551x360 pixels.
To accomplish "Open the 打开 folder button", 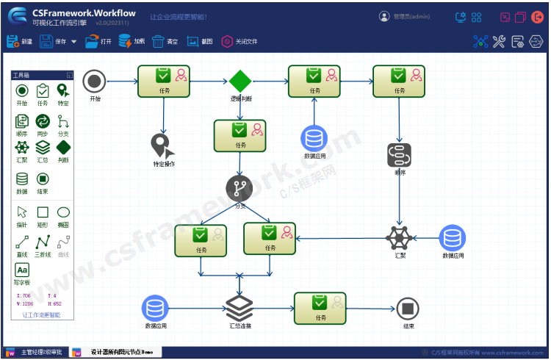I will click(98, 41).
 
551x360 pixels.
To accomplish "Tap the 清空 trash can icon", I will click(165, 41).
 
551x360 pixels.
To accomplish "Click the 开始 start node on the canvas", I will click(94, 82).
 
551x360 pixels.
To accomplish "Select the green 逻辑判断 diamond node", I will click(240, 81).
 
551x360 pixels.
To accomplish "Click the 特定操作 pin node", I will click(162, 145).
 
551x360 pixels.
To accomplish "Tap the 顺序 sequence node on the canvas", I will click(400, 155).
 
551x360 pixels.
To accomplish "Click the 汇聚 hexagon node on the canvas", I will click(399, 237).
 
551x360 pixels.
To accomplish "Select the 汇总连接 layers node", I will click(240, 307).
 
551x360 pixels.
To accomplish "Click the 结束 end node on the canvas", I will click(408, 309).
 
